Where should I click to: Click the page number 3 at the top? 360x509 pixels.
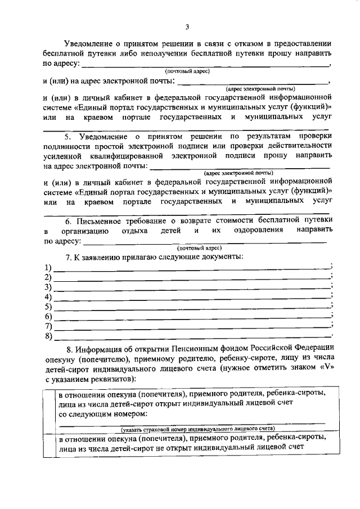tap(187, 26)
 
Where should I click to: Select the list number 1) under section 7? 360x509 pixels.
tap(48, 267)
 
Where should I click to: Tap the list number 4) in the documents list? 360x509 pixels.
tap(48, 297)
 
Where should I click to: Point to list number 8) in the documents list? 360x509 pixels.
tap(48, 337)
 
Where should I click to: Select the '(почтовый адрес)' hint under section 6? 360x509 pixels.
tap(199, 247)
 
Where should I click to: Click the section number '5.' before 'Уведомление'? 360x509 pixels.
tap(67, 136)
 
